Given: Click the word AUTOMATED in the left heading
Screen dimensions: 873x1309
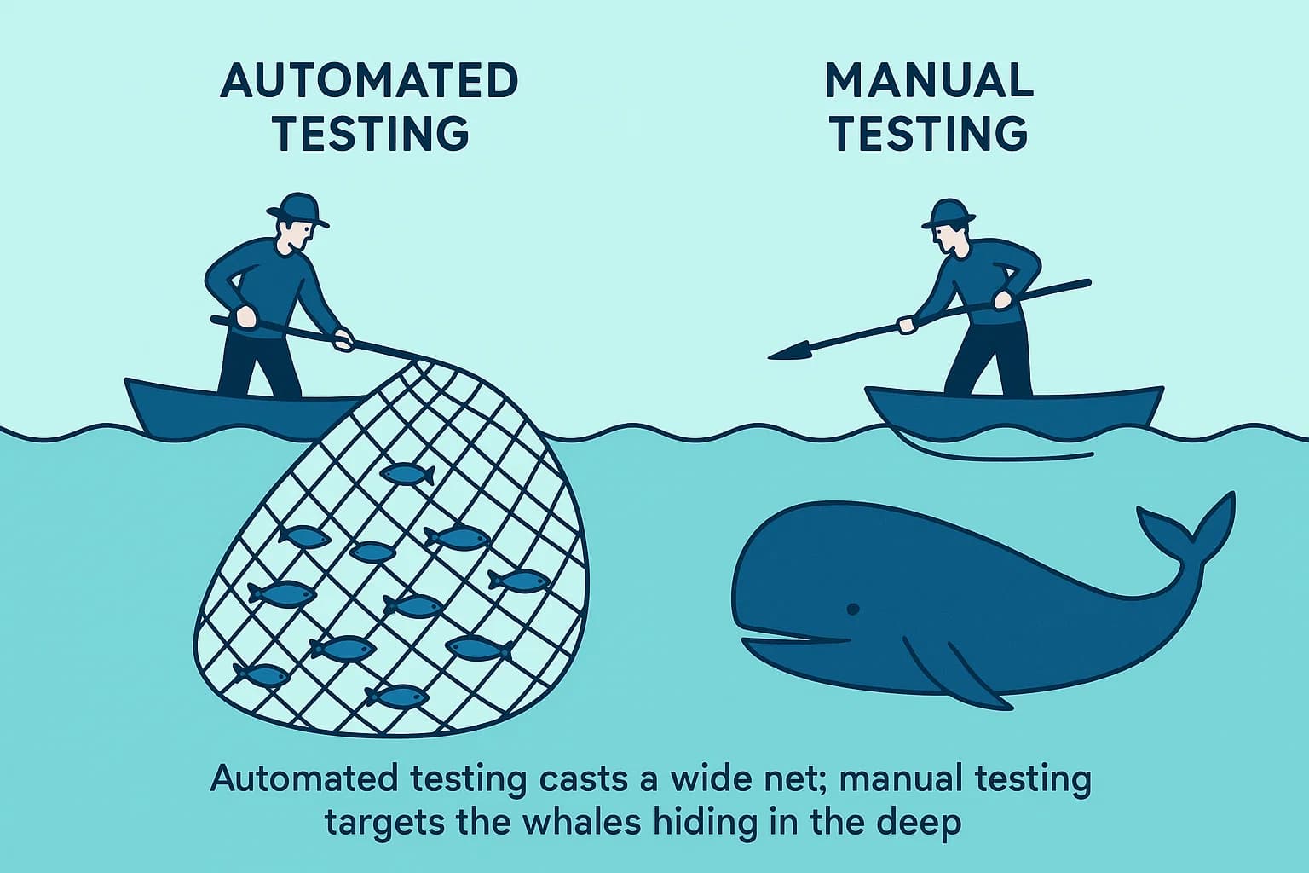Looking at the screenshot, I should (x=369, y=82).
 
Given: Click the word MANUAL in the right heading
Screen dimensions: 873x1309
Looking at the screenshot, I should (x=929, y=82).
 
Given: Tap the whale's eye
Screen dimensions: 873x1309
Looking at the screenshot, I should (x=851, y=609).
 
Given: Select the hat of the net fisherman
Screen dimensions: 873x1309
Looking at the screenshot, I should (x=297, y=209).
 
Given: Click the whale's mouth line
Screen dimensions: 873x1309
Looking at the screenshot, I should (x=797, y=639).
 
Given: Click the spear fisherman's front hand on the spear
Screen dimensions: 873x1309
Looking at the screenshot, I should (x=907, y=324).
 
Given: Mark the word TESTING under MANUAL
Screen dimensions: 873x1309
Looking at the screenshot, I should (x=929, y=135).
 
